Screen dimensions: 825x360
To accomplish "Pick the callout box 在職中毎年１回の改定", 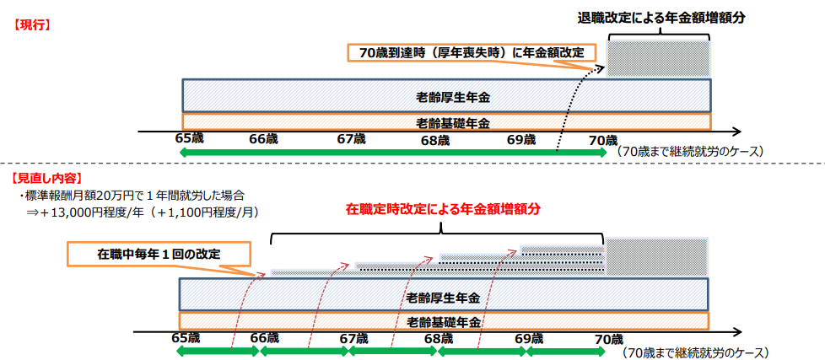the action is coord(159,254).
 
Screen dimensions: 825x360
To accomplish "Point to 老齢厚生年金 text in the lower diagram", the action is coord(444,298).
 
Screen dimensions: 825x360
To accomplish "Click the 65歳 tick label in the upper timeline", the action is coord(189,139).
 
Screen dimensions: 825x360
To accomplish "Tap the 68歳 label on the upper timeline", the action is coord(435,140).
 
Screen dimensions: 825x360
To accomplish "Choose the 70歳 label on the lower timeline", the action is coord(609,339).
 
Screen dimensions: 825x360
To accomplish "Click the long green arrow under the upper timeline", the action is coord(393,153).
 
